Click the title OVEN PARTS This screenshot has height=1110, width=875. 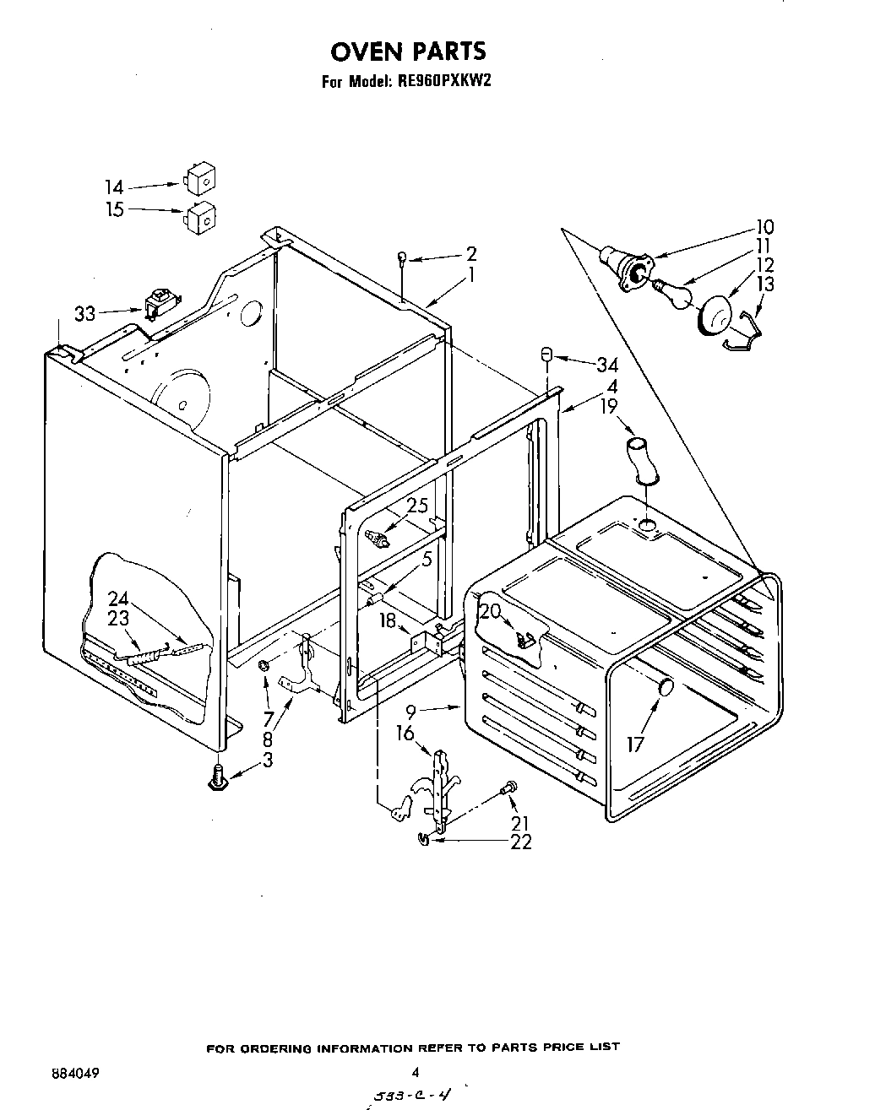[x=408, y=51]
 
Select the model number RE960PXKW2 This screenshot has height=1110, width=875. [x=442, y=83]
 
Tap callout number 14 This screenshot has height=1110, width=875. [x=114, y=187]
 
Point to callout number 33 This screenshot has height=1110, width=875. [x=84, y=314]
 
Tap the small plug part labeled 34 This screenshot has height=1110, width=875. [x=546, y=354]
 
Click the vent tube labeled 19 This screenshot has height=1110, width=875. [x=641, y=459]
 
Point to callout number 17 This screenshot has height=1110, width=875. [x=635, y=744]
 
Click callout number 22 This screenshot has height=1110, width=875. [x=520, y=842]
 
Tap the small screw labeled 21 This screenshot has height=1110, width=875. [x=508, y=788]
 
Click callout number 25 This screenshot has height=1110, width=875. [x=417, y=506]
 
